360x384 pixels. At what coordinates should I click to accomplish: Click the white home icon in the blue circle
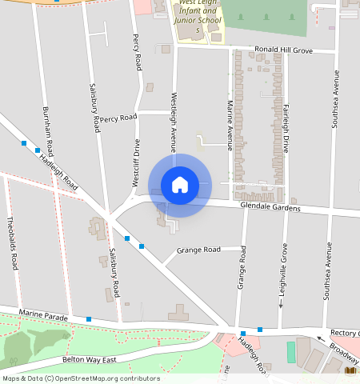pos(180,185)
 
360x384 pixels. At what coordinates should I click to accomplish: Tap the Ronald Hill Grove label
pos(283,50)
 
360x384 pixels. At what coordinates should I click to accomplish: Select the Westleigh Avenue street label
pos(173,121)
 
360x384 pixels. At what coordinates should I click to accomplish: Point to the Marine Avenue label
pos(230,125)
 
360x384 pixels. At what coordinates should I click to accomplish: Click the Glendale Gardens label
pos(270,208)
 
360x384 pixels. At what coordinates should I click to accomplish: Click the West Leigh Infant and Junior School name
pos(197,16)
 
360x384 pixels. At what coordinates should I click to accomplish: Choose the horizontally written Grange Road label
pos(198,250)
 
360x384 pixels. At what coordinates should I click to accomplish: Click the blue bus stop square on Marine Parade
pos(89,319)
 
